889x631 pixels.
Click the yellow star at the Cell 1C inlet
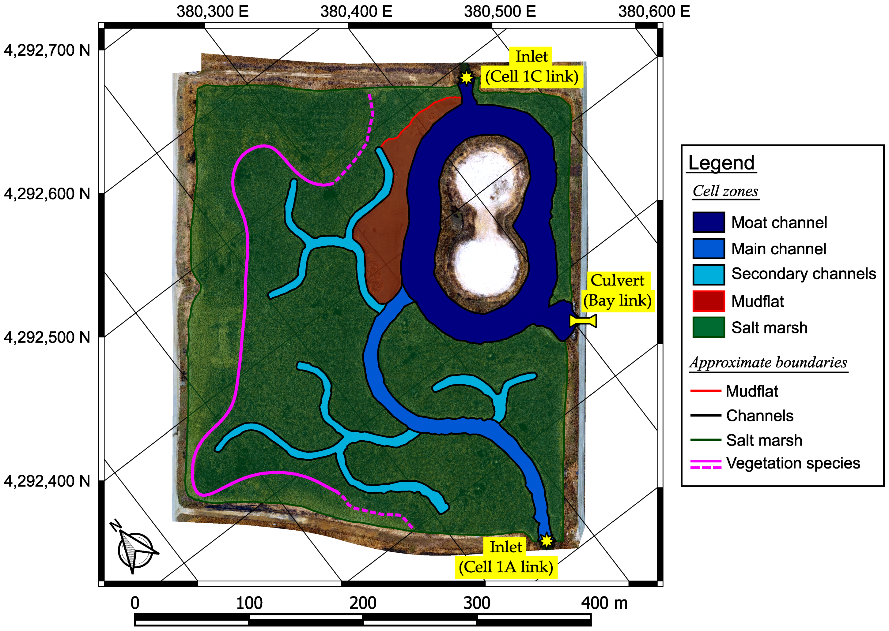tap(466, 78)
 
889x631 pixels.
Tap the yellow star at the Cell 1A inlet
tap(547, 540)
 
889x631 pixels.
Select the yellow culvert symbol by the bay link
tap(583, 321)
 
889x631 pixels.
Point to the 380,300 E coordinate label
tap(212, 11)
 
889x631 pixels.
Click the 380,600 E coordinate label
tap(654, 11)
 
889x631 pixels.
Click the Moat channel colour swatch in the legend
tap(708, 222)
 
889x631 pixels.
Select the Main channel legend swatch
tap(708, 249)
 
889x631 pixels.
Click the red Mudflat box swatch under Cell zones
tap(708, 301)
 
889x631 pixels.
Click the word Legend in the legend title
tap(721, 163)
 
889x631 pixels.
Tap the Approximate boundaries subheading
tap(768, 363)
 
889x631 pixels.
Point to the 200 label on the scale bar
tap(362, 603)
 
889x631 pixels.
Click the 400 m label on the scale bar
tap(604, 603)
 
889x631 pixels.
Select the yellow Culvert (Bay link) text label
tap(617, 291)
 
